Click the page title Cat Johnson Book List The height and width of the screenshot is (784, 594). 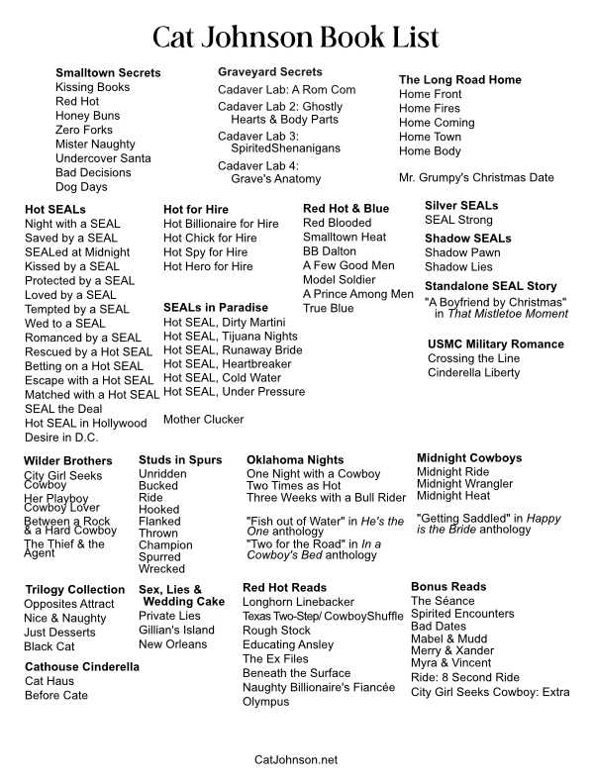point(296,38)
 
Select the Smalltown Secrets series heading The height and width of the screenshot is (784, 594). point(108,73)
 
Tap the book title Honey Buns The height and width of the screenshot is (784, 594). point(88,116)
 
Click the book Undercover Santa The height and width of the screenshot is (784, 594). point(103,158)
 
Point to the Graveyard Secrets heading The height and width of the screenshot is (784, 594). point(270,72)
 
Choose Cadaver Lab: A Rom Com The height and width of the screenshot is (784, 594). point(287,90)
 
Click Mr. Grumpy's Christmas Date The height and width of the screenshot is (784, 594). point(476,178)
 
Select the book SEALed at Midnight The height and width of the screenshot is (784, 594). point(77,252)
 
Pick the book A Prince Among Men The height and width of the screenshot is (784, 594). point(358,294)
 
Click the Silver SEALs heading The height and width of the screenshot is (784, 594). point(461,206)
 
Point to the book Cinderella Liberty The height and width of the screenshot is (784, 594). point(473,373)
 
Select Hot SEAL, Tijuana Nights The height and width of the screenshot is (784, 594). point(231,337)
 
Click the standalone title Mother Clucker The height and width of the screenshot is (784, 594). point(203,420)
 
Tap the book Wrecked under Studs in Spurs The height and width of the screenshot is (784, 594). point(161,569)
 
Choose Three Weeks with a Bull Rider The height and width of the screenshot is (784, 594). point(326,498)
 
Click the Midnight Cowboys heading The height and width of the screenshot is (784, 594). point(469,458)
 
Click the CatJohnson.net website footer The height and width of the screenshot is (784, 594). point(296,759)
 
